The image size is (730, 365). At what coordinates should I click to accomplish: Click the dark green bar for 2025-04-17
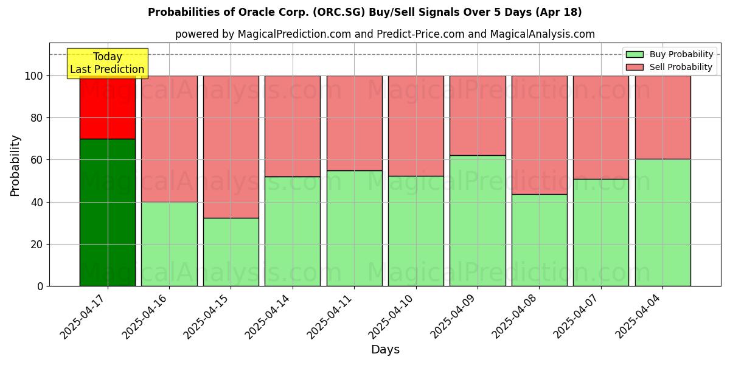tap(108, 212)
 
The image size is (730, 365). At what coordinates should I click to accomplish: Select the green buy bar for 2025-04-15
tap(231, 252)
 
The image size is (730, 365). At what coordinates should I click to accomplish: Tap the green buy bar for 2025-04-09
tap(478, 220)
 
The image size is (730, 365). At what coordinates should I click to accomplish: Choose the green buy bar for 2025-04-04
tap(662, 222)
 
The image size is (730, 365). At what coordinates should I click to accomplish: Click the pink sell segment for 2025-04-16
tap(169, 139)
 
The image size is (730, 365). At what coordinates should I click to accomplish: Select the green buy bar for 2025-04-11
tap(354, 228)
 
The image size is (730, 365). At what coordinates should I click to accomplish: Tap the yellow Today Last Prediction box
tap(107, 63)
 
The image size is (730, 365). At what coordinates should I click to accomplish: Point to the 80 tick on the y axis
tap(36, 118)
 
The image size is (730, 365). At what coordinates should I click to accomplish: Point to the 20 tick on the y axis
tap(36, 245)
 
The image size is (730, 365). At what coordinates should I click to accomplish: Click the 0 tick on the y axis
tap(40, 287)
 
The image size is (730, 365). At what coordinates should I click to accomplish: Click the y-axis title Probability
tap(15, 165)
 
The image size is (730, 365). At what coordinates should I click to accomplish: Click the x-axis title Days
tap(385, 350)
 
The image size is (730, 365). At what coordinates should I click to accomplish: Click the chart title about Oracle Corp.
tap(364, 12)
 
